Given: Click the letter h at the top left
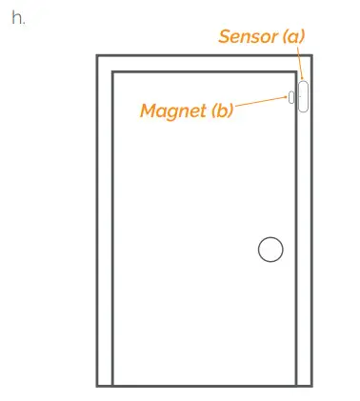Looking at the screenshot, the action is pos(17,18).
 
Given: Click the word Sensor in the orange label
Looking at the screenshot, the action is pos(247,37).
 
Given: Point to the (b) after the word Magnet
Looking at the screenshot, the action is pos(220,110).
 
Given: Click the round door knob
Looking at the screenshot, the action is pos(270,250).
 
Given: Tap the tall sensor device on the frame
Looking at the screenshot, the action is pos(303,96).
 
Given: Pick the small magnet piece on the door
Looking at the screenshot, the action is pos(290,96).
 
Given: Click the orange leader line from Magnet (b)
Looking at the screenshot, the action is pos(259,102).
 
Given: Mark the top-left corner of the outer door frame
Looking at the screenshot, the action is pos(98,57).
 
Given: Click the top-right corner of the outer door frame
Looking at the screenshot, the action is pos(310,57).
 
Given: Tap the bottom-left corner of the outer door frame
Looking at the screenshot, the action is pos(98,385).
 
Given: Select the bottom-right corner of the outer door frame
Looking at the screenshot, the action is pos(310,385).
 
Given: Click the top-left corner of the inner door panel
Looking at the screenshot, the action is pos(113,72).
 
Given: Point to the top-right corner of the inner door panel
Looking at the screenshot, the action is pos(295,72).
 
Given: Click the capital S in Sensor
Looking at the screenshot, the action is pos(226,37).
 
